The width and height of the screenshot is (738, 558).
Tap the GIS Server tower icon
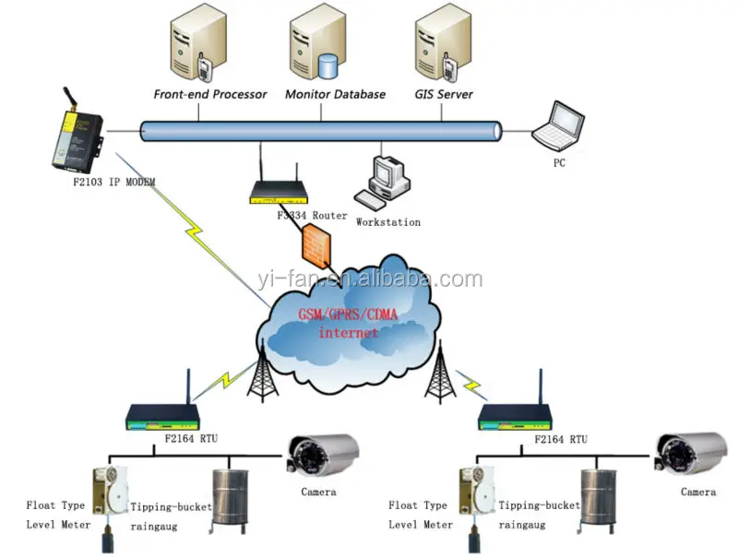(439, 42)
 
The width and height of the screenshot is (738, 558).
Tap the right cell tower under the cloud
(441, 378)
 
